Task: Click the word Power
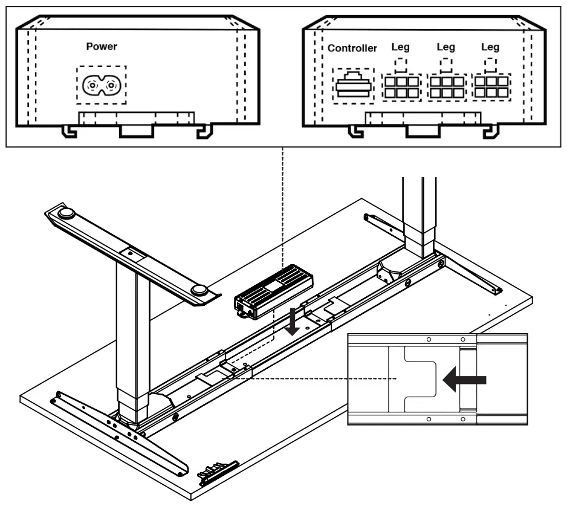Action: point(102,47)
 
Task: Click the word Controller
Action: point(352,48)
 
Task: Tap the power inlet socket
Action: point(101,86)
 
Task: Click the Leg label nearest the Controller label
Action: point(401,47)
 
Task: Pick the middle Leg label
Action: point(445,47)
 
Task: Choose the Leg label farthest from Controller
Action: point(490,47)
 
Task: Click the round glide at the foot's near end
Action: point(201,291)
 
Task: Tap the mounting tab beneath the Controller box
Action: point(424,129)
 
